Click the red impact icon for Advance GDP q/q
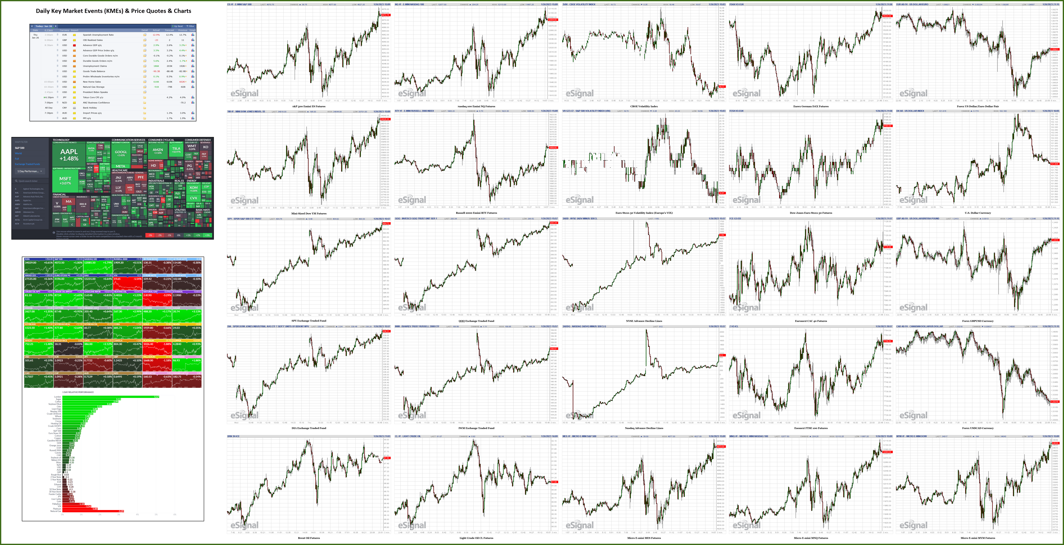coord(74,45)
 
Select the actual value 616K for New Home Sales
coord(156,82)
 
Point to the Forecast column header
coord(169,30)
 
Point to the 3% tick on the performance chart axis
coord(119,514)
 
